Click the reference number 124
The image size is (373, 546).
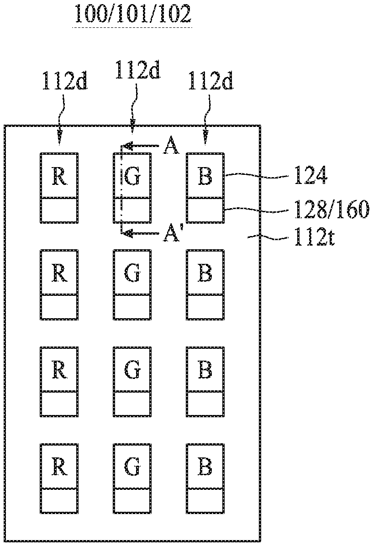311,177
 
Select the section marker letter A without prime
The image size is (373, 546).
171,146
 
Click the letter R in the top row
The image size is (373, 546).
59,177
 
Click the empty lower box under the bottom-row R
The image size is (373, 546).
59,501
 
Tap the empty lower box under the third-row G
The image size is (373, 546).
132,404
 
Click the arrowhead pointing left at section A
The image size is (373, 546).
129,146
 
